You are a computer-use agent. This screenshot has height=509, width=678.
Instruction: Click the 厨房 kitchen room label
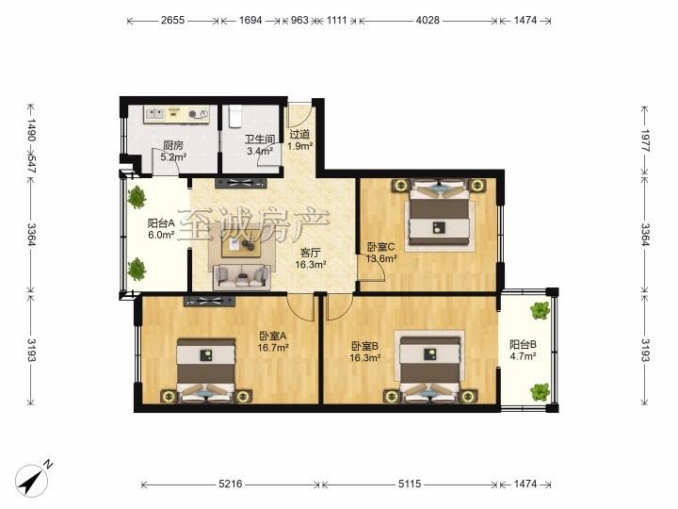point(173,145)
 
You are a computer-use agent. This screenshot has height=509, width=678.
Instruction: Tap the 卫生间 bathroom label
point(260,140)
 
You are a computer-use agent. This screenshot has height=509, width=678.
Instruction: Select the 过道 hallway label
point(299,135)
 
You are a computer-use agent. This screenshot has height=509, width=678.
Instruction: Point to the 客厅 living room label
point(310,253)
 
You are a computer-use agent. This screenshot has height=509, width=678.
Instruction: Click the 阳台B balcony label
point(524,345)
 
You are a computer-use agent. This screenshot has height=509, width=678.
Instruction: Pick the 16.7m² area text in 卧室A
point(273,348)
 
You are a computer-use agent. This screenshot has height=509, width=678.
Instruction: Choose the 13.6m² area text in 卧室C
point(381,259)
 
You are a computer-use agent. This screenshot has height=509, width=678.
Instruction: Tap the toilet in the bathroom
point(234,116)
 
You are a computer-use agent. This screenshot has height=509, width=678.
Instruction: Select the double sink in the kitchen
point(154,114)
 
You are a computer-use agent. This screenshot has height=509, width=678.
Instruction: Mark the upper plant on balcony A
point(137,197)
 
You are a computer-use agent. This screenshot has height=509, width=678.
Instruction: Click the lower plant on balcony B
point(541,392)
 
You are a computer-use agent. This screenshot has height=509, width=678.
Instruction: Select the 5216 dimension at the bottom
point(231,484)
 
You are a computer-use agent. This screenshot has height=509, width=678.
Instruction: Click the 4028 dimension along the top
point(428,20)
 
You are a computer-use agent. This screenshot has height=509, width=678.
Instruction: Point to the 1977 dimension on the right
point(645,140)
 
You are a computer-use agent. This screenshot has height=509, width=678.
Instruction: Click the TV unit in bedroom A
point(209,302)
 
